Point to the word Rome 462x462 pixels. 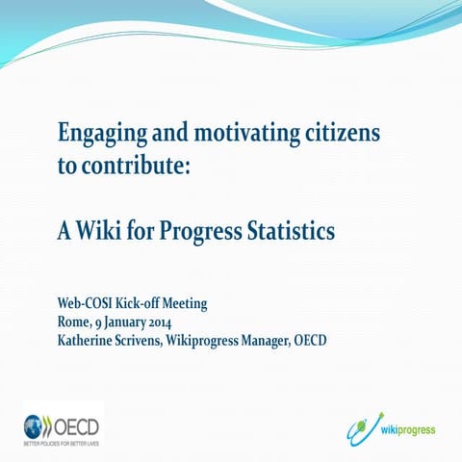click(x=76, y=321)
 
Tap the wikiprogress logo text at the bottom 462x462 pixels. click(x=407, y=428)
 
